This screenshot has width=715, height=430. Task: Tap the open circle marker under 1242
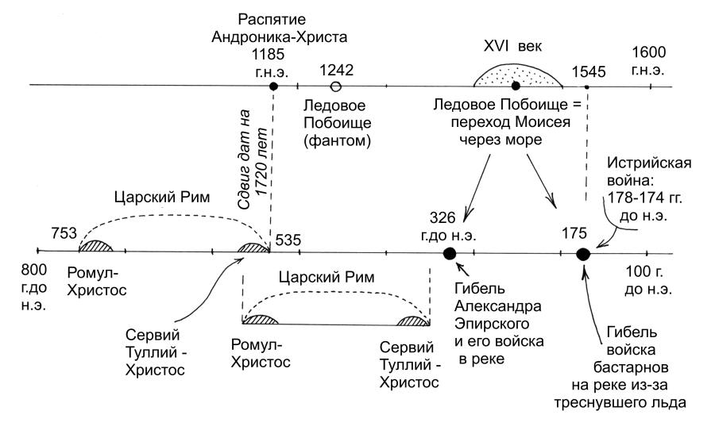[x=336, y=86]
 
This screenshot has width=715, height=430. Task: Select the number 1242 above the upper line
[x=336, y=68]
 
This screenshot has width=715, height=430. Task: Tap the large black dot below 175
[x=582, y=254]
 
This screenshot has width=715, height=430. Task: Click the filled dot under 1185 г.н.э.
[x=273, y=86]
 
